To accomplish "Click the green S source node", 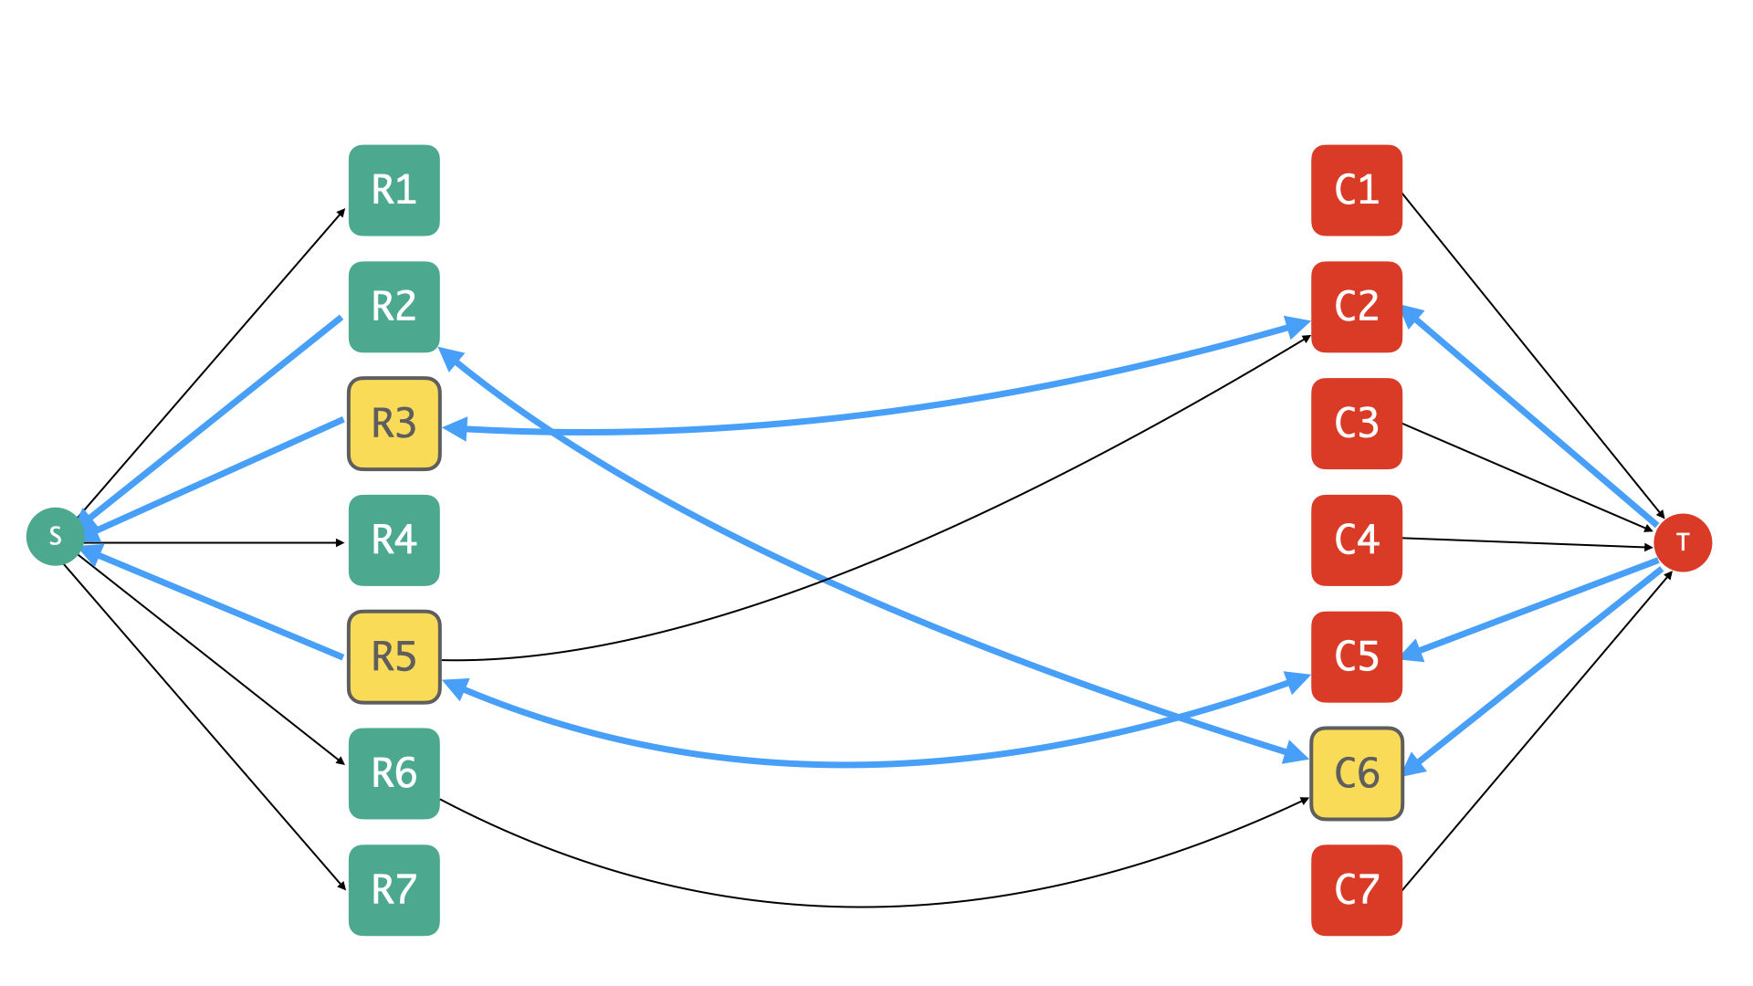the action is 55,536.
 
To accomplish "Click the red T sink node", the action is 1683,542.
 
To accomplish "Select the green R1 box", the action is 394,190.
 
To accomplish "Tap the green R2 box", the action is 394,307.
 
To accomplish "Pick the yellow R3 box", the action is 394,424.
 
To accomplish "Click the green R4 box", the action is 394,540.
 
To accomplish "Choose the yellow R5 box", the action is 394,657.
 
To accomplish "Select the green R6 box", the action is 394,773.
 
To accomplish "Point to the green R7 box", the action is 394,890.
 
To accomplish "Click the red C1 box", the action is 1357,190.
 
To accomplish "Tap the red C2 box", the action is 1357,307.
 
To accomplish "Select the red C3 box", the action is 1357,424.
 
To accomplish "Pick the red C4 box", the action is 1357,540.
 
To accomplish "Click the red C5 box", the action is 1357,657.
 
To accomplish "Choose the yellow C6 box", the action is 1357,773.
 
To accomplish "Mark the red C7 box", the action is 1357,890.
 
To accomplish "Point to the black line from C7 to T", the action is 1538,730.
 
